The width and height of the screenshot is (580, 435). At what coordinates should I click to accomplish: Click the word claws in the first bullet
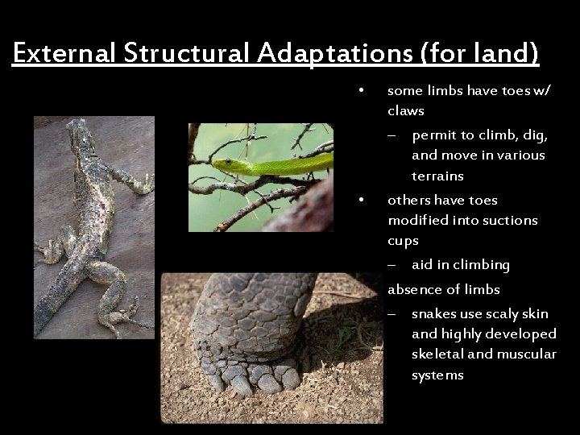coord(406,110)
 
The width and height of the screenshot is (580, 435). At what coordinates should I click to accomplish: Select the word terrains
coord(437,176)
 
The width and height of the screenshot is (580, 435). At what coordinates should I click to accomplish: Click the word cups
coord(403,241)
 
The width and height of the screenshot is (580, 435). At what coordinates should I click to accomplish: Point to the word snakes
coord(435,313)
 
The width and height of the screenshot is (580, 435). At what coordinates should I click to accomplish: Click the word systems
coord(437,375)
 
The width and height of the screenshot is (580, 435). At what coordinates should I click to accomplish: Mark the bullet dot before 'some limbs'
coord(364,89)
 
